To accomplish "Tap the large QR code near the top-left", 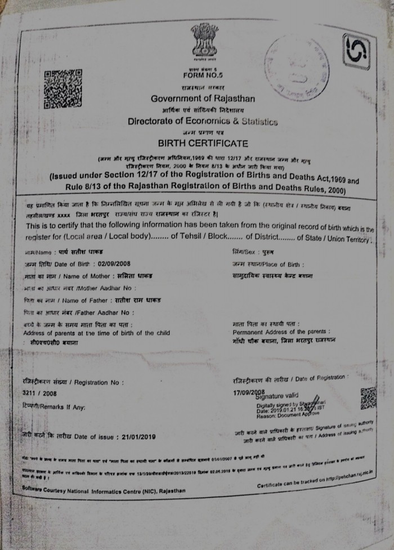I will point(62,89).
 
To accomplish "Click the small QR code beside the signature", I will point(368,398).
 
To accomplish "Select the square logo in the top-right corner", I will point(357,52).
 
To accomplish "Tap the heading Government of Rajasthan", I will point(203,99).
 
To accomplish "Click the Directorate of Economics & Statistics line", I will point(203,121).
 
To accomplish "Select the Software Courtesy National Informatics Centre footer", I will point(104,491).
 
